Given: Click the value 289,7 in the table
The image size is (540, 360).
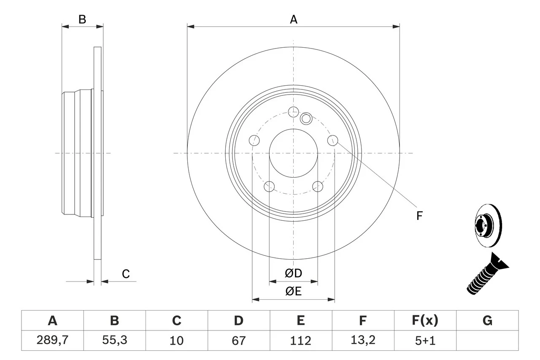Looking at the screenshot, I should pyautogui.click(x=52, y=340).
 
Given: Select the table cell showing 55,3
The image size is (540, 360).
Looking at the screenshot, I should pyautogui.click(x=114, y=340).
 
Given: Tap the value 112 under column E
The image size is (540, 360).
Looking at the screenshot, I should pyautogui.click(x=300, y=340).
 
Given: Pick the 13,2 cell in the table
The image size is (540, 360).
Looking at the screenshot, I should pyautogui.click(x=362, y=340).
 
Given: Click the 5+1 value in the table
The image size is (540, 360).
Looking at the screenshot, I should pyautogui.click(x=425, y=340).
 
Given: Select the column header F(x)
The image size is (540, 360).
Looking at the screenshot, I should pyautogui.click(x=425, y=321).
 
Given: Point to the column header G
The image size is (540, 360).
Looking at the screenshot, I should pyautogui.click(x=487, y=321).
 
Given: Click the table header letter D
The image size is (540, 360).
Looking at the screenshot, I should pyautogui.click(x=238, y=321).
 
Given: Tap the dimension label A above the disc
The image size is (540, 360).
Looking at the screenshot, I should pyautogui.click(x=293, y=19).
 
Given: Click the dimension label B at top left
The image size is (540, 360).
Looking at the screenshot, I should pyautogui.click(x=83, y=19).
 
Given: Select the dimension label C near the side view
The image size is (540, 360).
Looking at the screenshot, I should pyautogui.click(x=126, y=274).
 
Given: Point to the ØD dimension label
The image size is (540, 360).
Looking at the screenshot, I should pyautogui.click(x=294, y=273).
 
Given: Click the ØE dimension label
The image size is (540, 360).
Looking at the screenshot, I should pyautogui.click(x=294, y=291).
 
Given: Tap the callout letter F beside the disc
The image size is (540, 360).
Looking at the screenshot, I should pyautogui.click(x=419, y=216).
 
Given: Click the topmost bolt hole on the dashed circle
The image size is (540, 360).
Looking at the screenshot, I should pyautogui.click(x=293, y=111).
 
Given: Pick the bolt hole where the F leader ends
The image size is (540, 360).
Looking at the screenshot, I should pyautogui.click(x=333, y=140).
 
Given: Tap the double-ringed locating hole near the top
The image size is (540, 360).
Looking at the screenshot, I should pyautogui.click(x=306, y=119).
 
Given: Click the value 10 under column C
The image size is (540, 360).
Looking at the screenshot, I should pyautogui.click(x=176, y=340).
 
